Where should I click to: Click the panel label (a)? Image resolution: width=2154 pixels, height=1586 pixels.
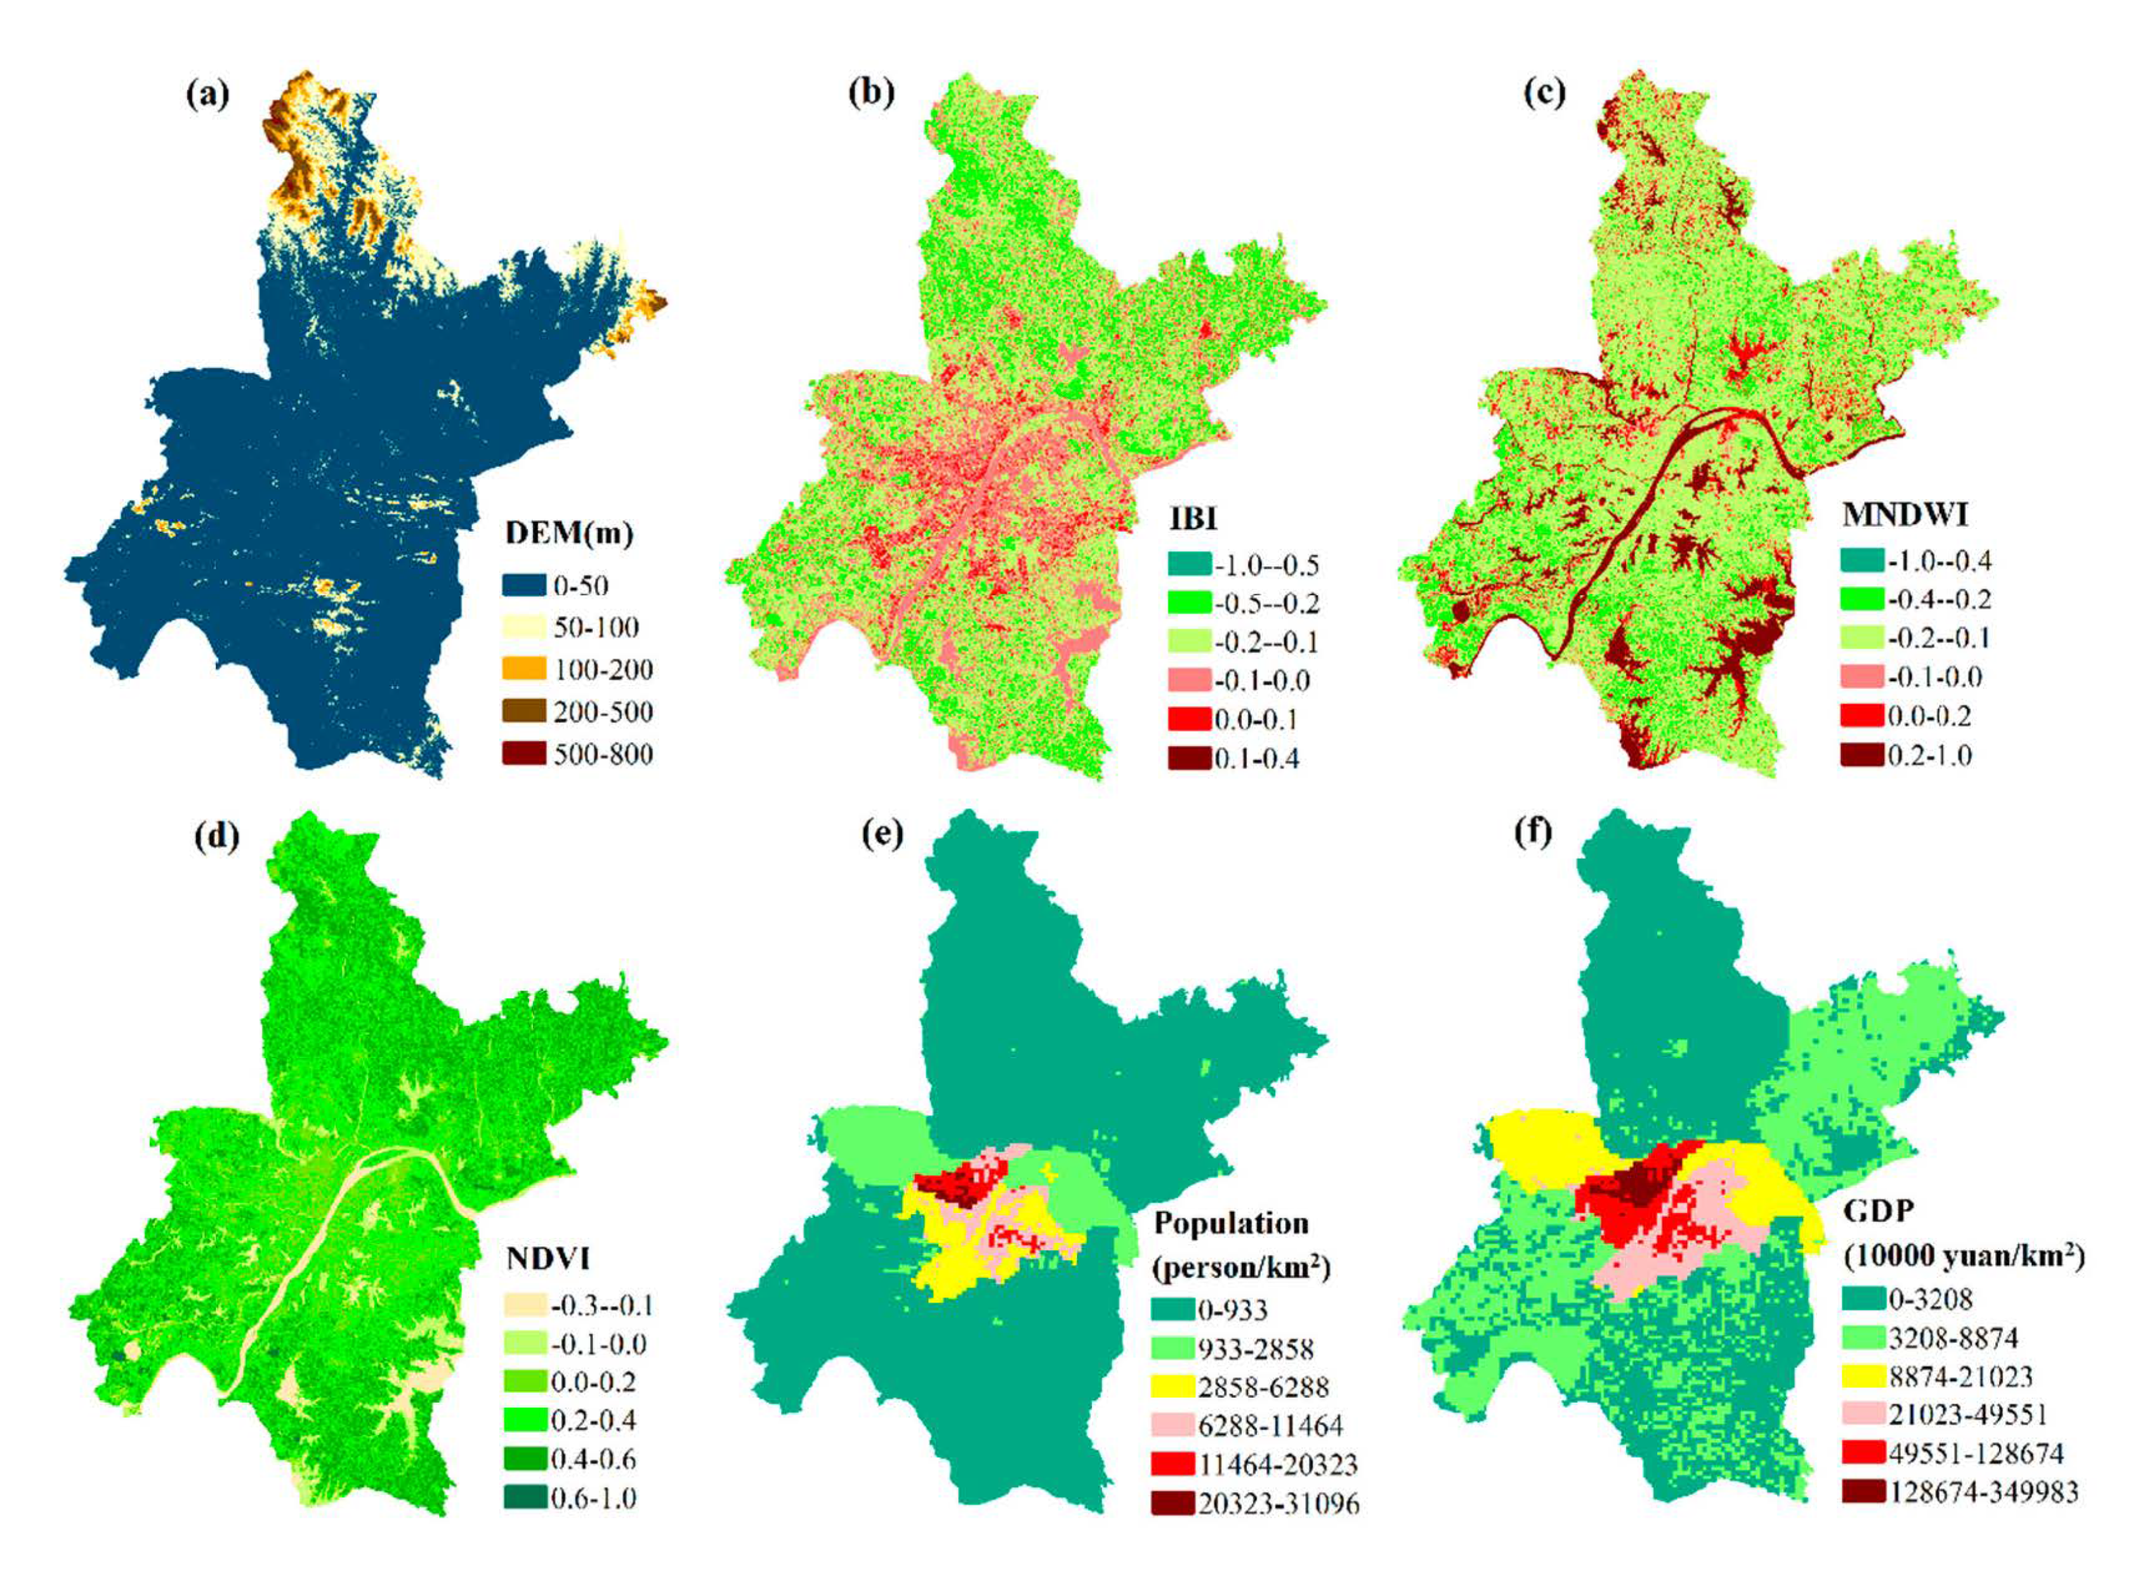coord(208,95)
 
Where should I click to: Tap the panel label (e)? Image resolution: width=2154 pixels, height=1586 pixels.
coord(882,834)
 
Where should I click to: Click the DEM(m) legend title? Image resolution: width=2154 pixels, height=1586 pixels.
coord(569,532)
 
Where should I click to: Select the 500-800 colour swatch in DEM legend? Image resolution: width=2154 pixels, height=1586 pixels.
coord(524,752)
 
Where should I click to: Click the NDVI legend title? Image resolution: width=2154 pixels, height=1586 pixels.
coord(546,1257)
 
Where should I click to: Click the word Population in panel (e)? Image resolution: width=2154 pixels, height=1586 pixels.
coord(1231,1223)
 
